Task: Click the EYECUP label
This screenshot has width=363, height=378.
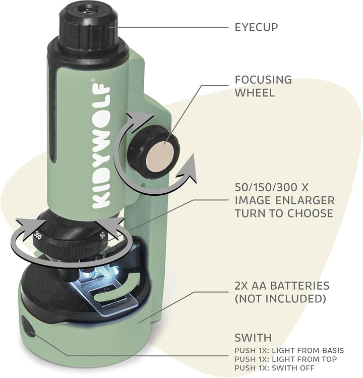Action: coord(256,27)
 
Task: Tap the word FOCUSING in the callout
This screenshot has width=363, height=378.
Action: coord(263,80)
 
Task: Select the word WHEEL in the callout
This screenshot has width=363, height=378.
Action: coord(255,92)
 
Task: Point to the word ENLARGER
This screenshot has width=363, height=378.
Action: coord(309,200)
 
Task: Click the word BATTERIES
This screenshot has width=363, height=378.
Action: coord(299,286)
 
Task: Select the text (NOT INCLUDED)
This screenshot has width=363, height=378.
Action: coord(280,299)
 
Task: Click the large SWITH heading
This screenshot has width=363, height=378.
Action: coord(253,338)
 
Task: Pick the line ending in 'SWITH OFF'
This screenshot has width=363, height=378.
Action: coord(275,368)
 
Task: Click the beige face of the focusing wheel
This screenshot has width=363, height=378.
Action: coord(160,156)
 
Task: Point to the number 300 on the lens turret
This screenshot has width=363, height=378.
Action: coord(38,235)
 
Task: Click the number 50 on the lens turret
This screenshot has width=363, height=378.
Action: coord(103,235)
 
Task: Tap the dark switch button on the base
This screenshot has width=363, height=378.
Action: coord(28,327)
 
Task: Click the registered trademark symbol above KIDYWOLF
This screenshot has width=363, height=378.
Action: coord(92,80)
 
